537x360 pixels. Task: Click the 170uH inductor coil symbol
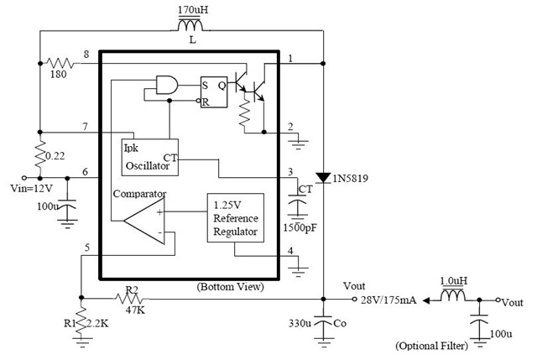[x=190, y=25]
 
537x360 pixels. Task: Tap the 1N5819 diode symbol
[x=323, y=178]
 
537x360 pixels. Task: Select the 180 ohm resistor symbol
[x=60, y=63]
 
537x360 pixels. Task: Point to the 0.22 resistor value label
[x=55, y=156]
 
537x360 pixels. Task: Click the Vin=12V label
[x=32, y=188]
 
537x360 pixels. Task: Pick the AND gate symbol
[x=167, y=85]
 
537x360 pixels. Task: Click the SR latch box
[x=214, y=91]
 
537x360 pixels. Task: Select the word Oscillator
[x=148, y=166]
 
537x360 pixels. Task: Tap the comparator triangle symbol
[x=144, y=221]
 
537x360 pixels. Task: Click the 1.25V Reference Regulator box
[x=235, y=218]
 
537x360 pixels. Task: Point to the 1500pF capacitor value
[x=300, y=227]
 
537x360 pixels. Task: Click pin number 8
[x=86, y=54]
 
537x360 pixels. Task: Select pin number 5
[x=87, y=248]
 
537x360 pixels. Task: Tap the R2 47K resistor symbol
[x=132, y=299]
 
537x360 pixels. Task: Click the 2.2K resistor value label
[x=97, y=323]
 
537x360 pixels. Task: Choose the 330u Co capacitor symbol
[x=323, y=321]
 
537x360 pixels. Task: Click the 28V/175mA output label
[x=388, y=300]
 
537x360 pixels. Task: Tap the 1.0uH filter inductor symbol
[x=453, y=295]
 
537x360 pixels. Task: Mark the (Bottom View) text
[x=231, y=287]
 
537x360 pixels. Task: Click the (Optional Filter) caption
[x=431, y=346]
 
